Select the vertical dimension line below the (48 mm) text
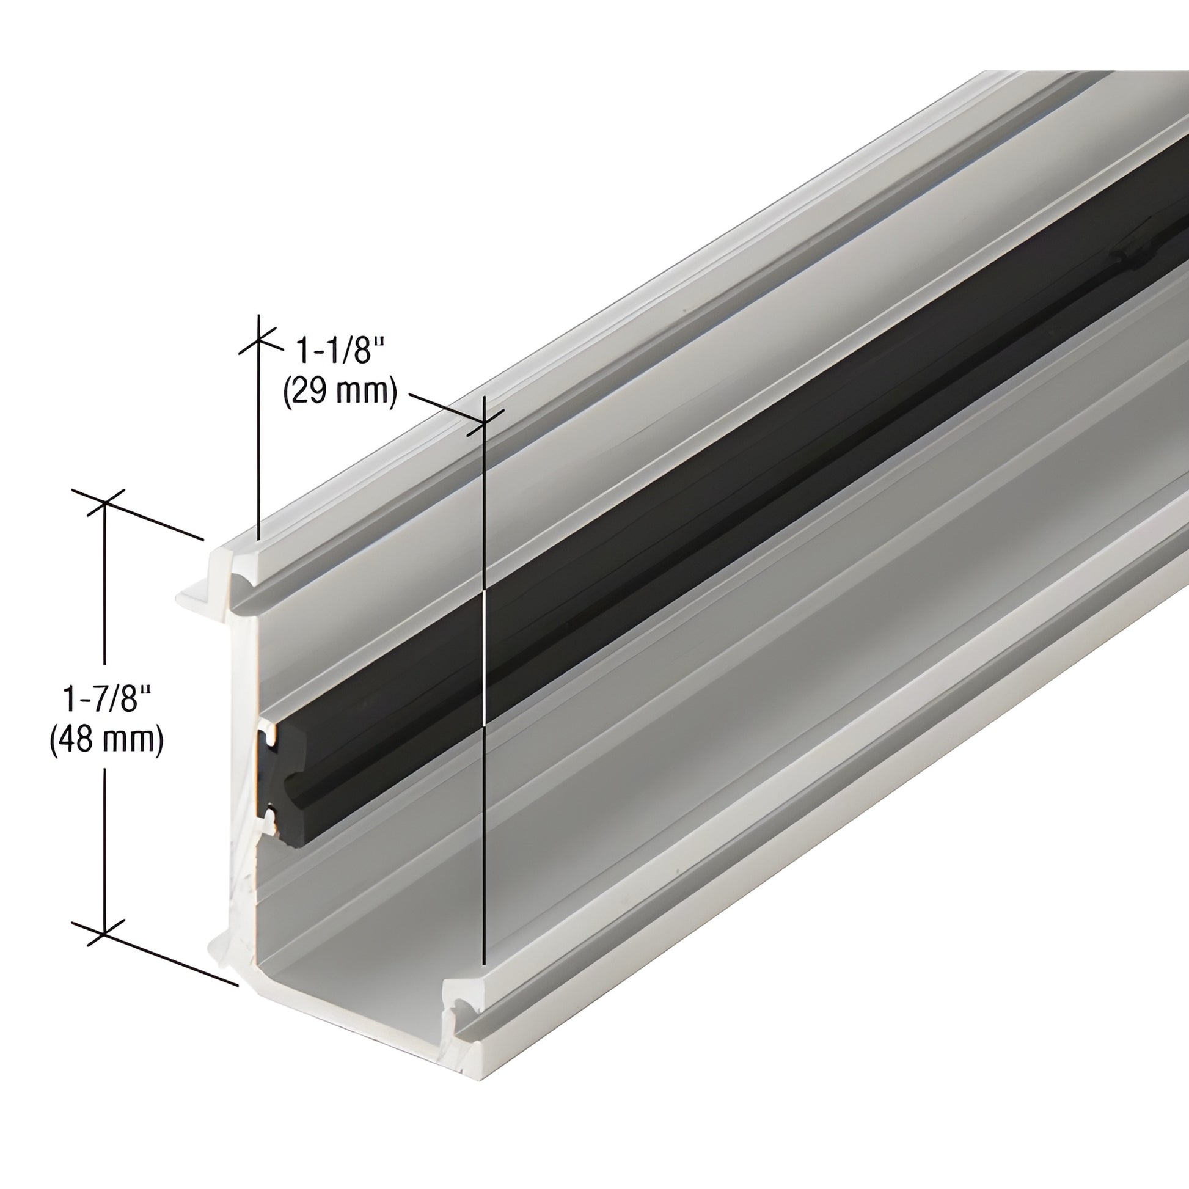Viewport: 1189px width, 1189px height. [105, 849]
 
